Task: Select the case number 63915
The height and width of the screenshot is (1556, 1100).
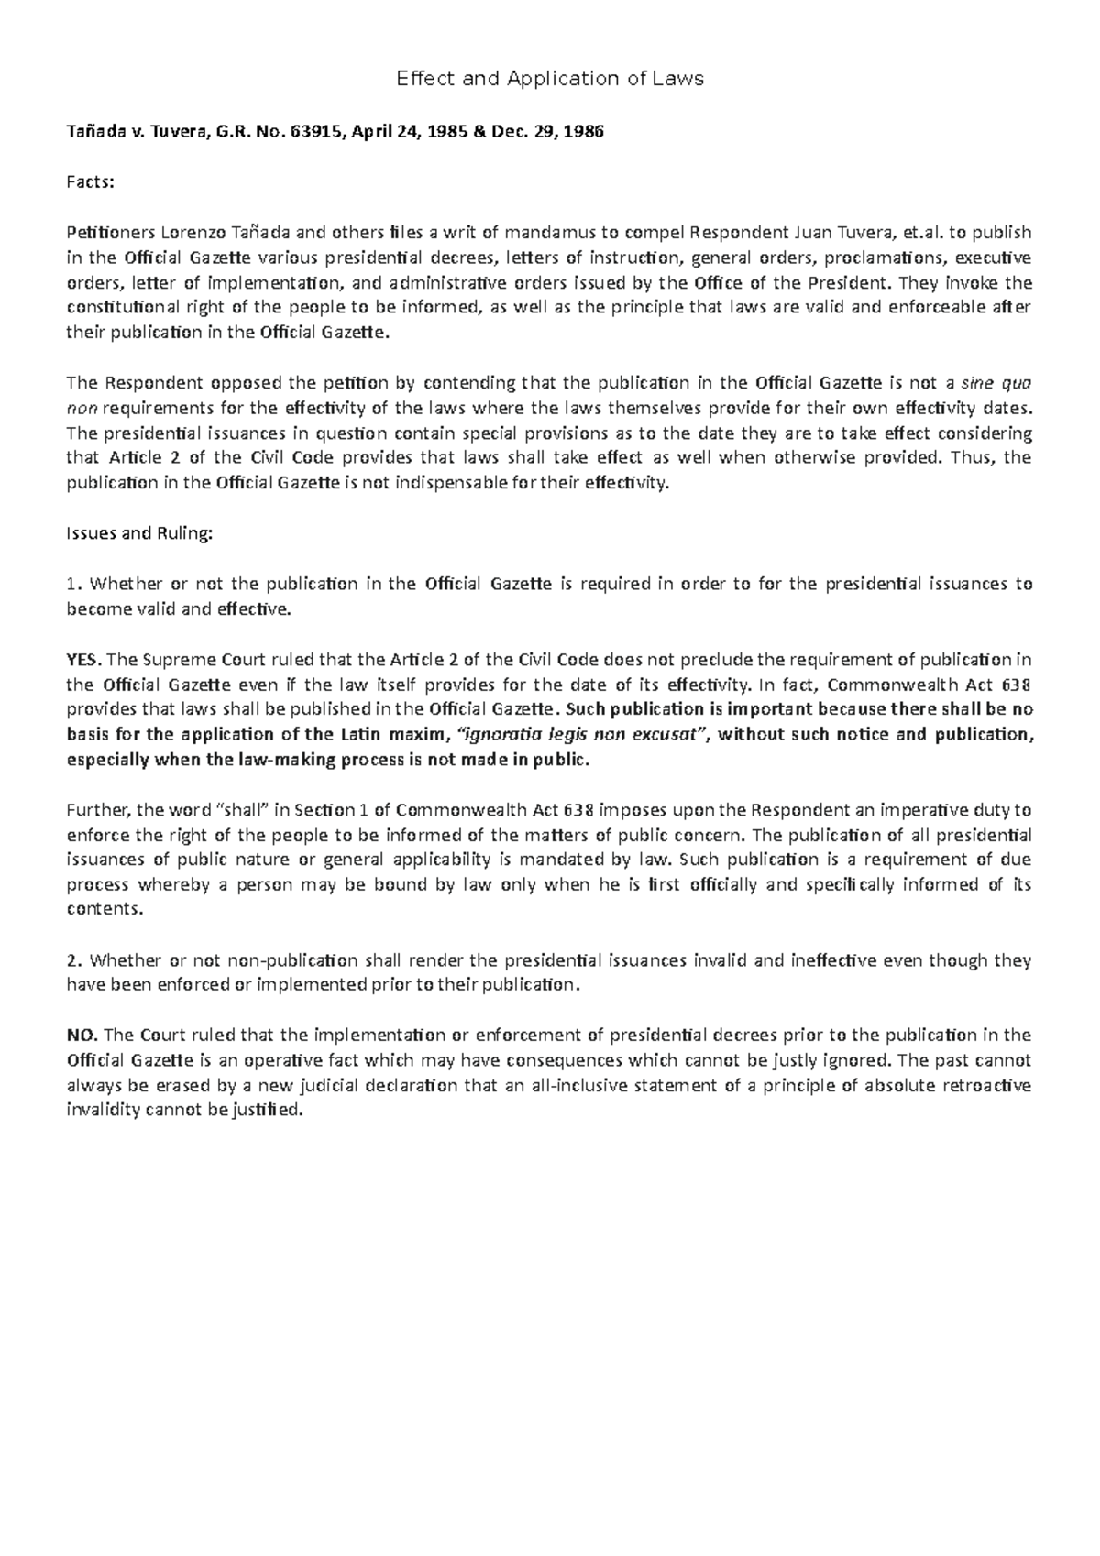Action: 311,131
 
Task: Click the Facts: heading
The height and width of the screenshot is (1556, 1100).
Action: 91,181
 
